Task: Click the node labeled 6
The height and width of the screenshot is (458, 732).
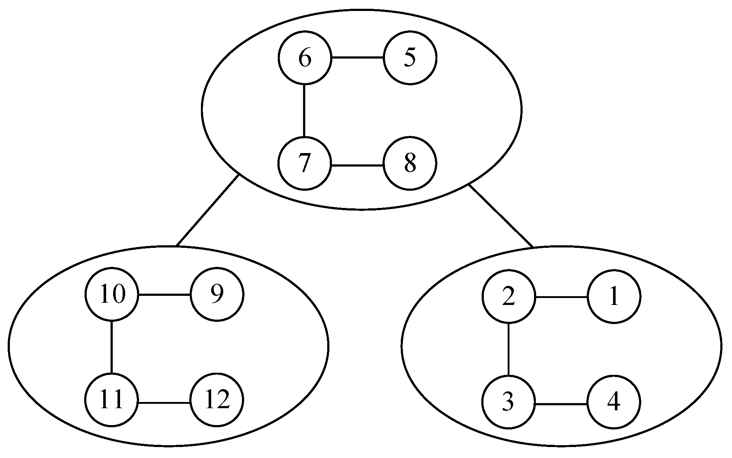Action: (x=305, y=58)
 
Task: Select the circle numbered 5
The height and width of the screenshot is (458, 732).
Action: (x=410, y=58)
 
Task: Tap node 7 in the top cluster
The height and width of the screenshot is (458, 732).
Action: (x=305, y=163)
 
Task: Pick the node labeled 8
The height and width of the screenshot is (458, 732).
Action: (x=410, y=163)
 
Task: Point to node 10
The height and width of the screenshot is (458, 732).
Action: (x=112, y=294)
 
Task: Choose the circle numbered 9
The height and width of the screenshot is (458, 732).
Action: (x=217, y=294)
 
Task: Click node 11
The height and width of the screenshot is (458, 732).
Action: (x=112, y=400)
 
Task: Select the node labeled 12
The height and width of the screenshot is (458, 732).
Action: (x=217, y=400)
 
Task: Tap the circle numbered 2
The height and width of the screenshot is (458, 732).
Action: (x=508, y=297)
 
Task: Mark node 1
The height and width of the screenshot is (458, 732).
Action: (x=614, y=297)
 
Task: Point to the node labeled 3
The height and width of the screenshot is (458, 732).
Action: (x=508, y=402)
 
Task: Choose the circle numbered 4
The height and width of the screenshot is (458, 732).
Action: (x=614, y=402)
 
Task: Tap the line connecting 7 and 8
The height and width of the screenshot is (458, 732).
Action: (x=357, y=165)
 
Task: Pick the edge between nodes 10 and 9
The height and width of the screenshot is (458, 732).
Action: (x=164, y=294)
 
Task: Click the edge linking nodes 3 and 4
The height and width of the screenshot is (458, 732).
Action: (x=561, y=404)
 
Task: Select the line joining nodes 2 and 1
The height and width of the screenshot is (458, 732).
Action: (x=561, y=297)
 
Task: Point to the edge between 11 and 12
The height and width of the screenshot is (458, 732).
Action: (x=164, y=403)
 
